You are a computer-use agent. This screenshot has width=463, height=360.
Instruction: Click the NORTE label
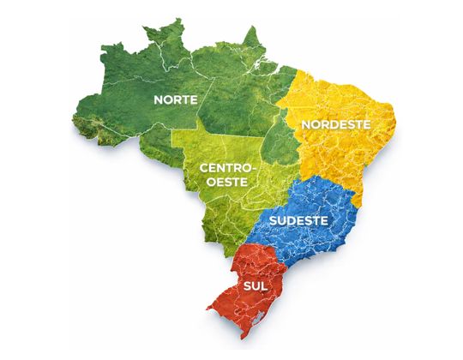175,100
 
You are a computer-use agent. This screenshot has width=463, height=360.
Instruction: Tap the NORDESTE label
335,124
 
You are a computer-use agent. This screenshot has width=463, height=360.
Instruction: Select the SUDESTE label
298,220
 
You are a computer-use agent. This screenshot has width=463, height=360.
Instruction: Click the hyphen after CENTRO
252,170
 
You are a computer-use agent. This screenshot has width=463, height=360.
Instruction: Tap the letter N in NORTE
158,100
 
